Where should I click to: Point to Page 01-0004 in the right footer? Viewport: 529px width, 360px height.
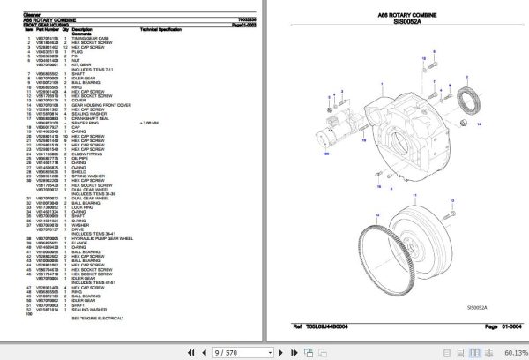coord(496,326)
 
